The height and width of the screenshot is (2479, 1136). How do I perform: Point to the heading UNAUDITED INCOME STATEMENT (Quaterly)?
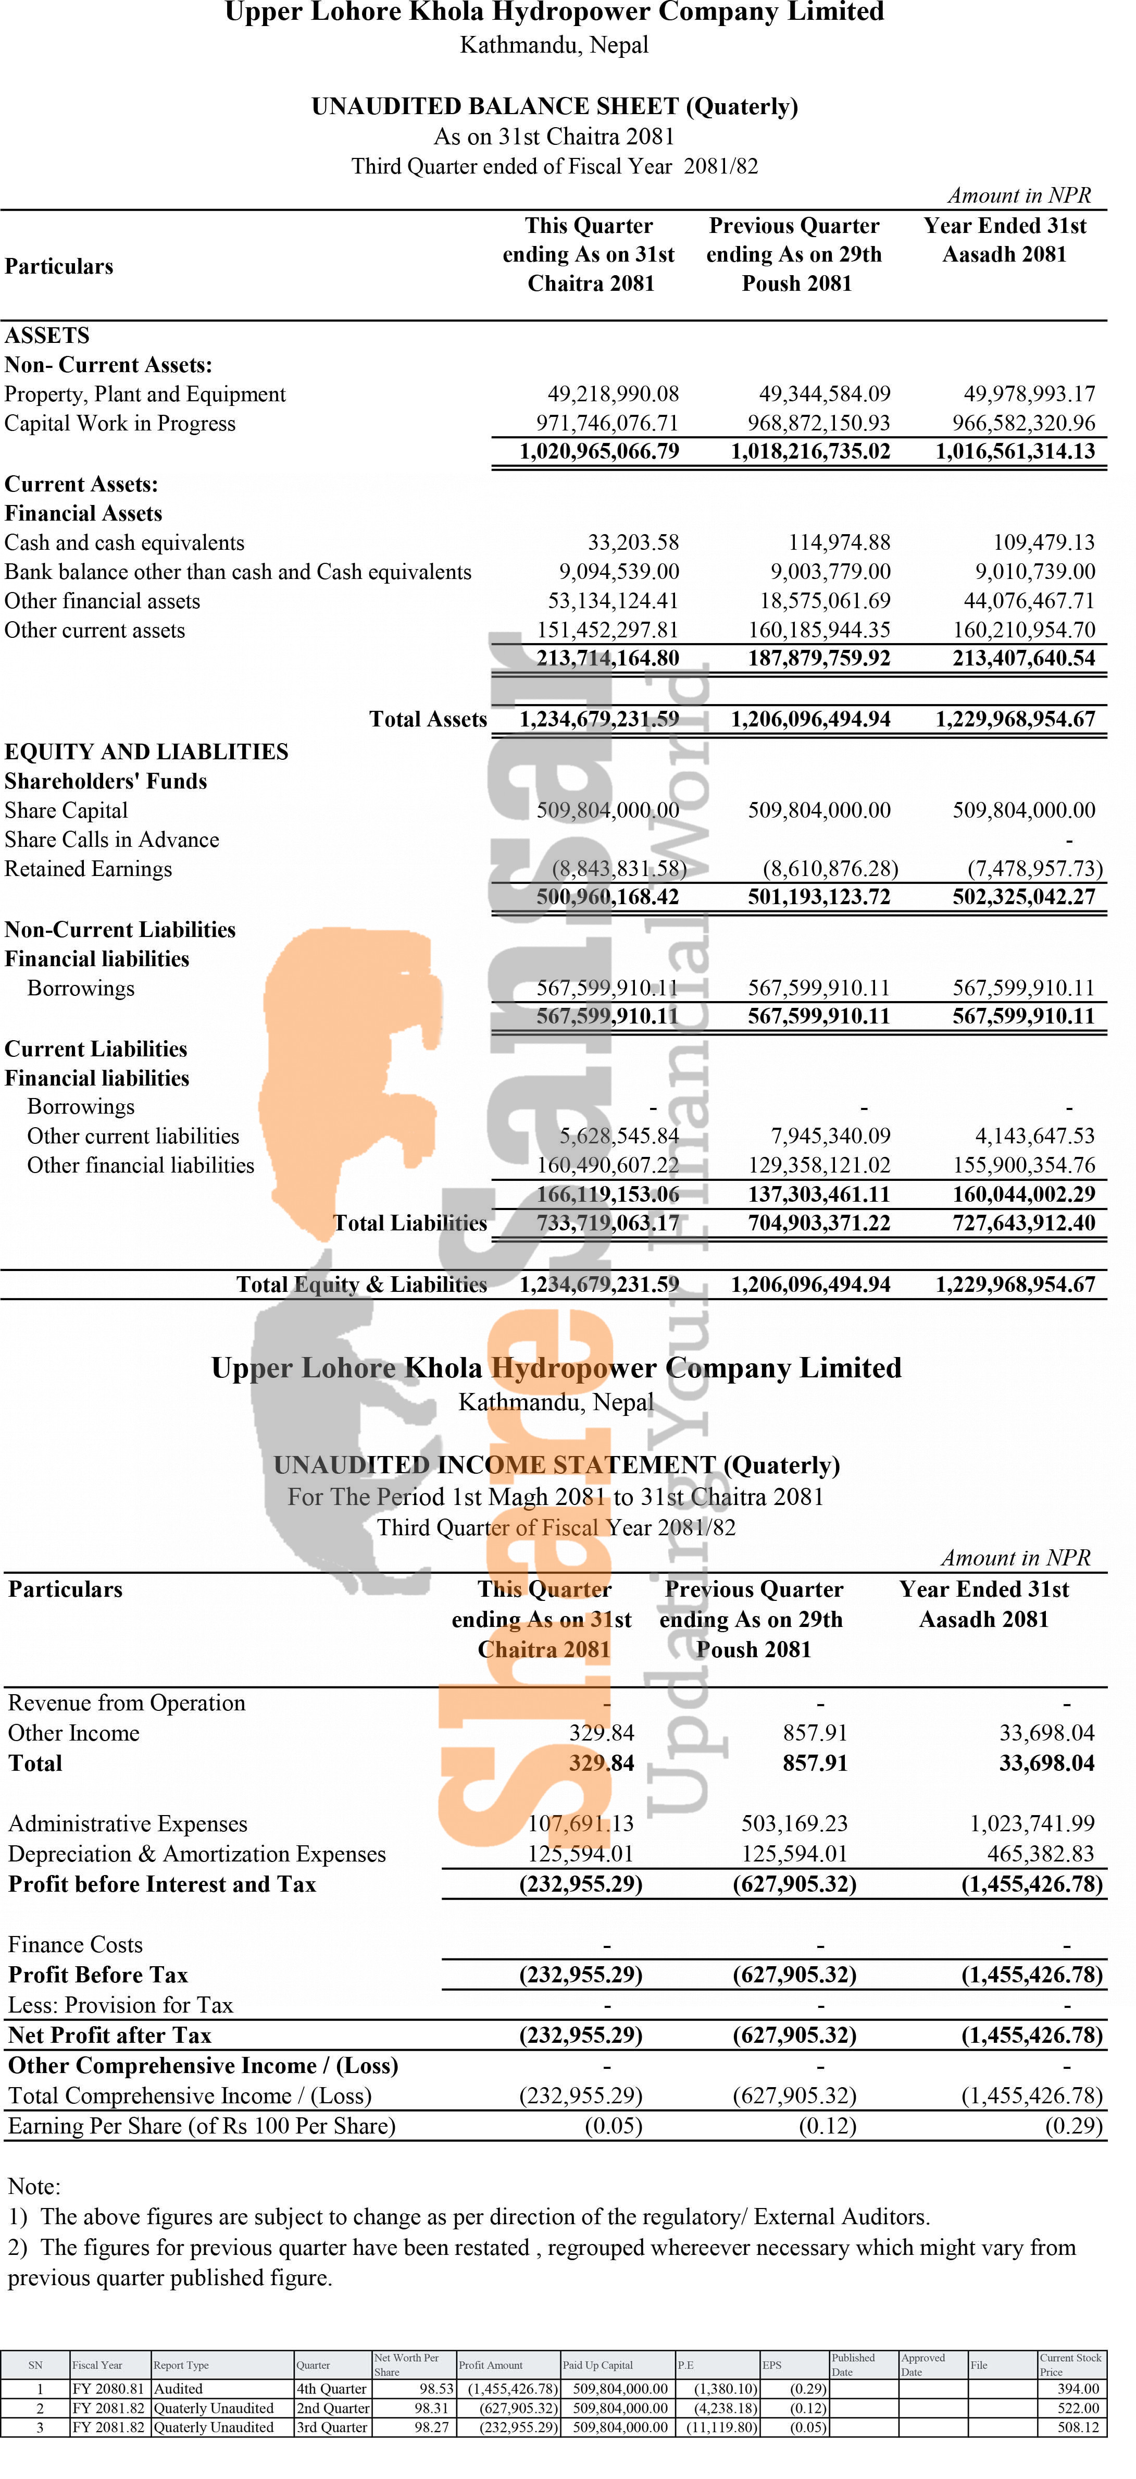[556, 1465]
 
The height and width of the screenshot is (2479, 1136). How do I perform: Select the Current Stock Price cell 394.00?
[1077, 2388]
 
